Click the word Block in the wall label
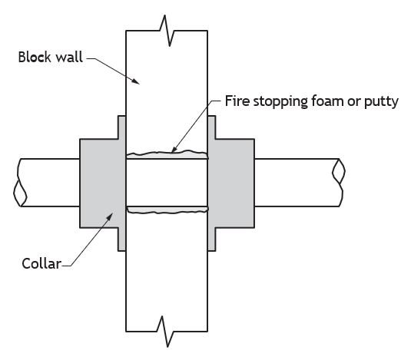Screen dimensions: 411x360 point(35,57)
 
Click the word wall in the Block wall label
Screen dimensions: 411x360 point(68,57)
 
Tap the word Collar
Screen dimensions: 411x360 point(41,263)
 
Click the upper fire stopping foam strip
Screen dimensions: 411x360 point(167,154)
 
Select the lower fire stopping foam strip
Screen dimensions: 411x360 point(167,210)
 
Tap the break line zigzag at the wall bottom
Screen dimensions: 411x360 point(165,332)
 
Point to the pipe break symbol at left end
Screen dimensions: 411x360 point(20,183)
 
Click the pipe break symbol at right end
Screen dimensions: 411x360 point(339,183)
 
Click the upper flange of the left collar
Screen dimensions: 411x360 point(121,127)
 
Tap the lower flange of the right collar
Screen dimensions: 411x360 point(212,239)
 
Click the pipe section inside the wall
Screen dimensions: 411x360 point(167,183)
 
